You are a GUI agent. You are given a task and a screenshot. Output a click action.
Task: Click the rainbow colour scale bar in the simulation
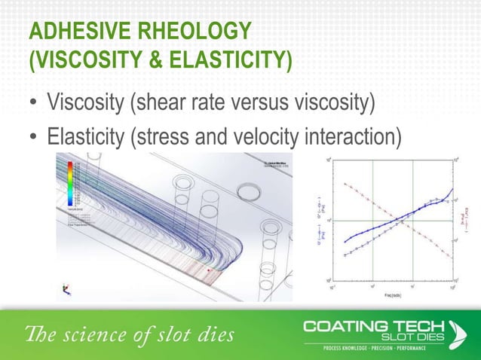(x=70, y=184)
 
